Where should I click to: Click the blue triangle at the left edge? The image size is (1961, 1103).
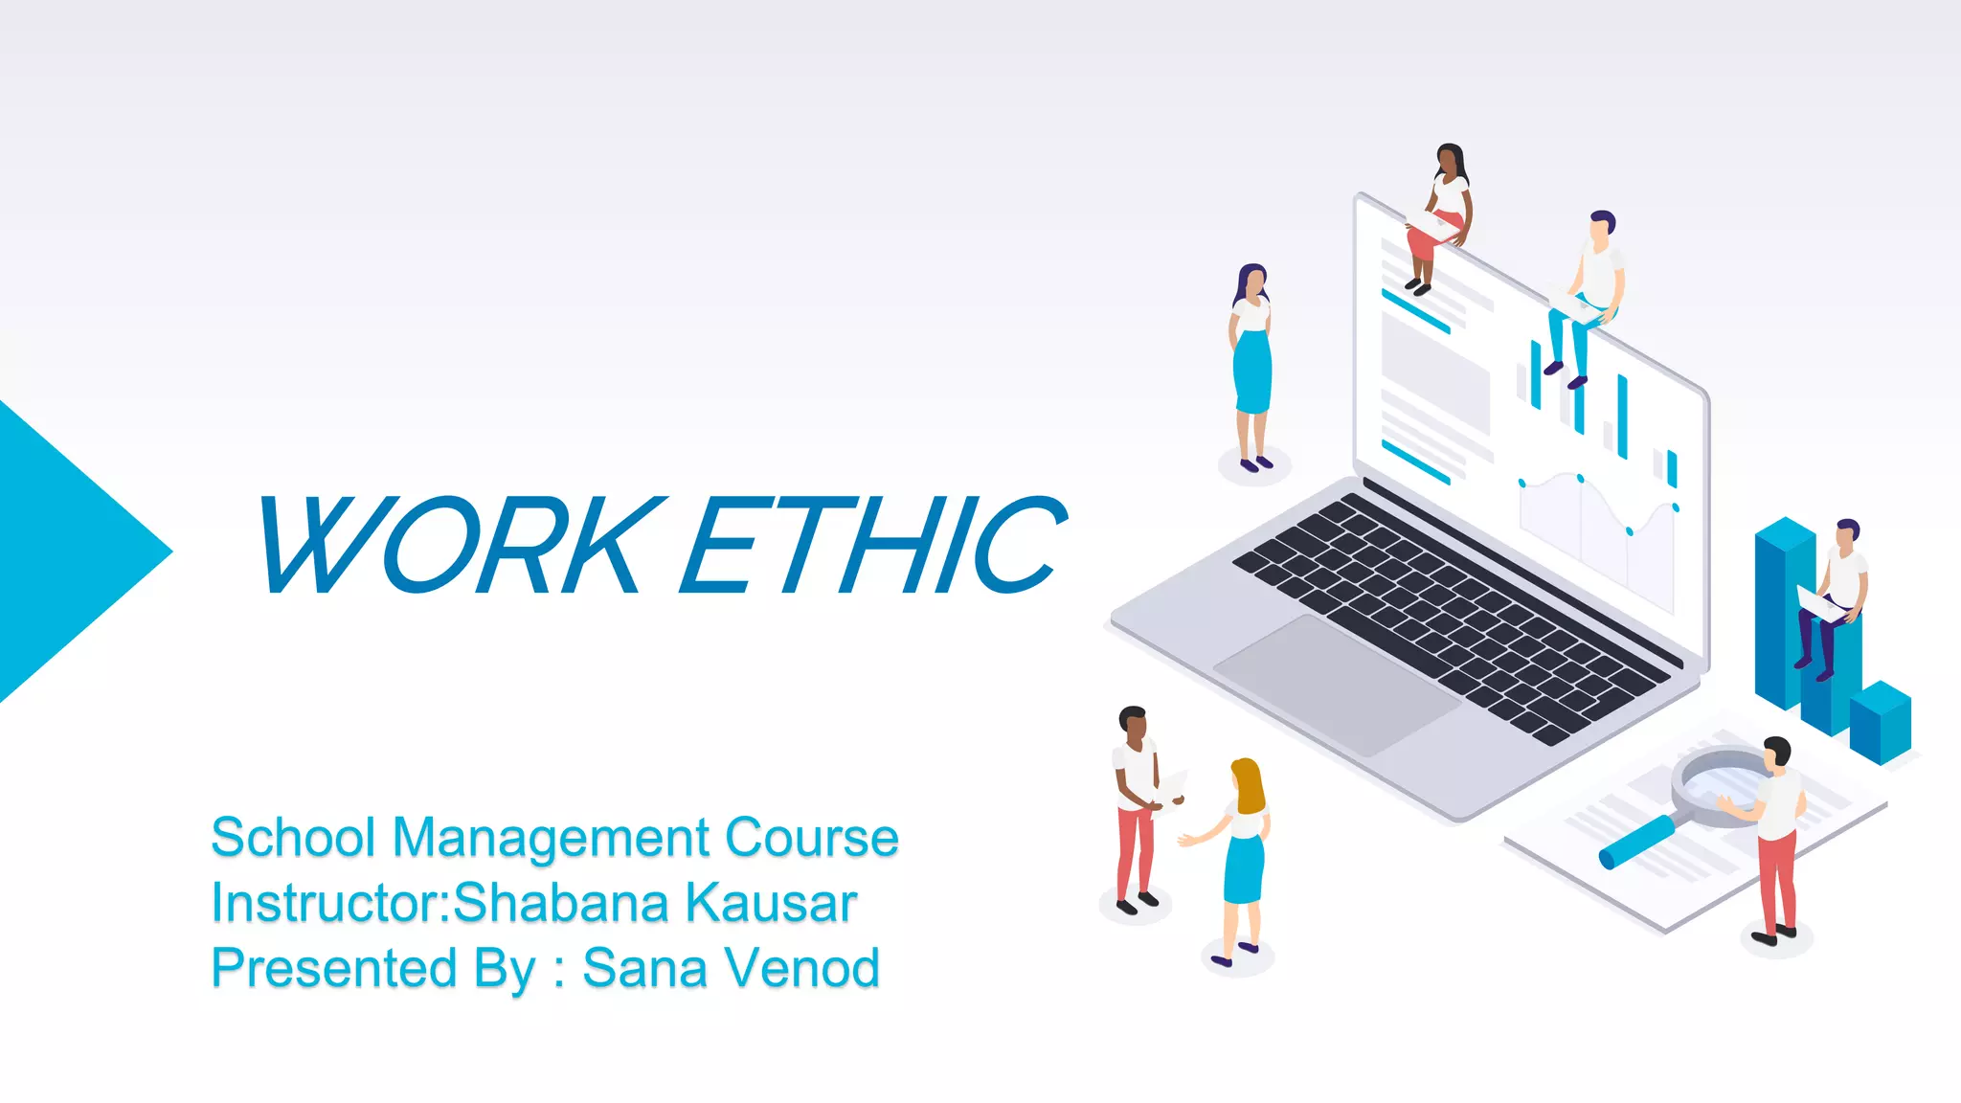pyautogui.click(x=67, y=551)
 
